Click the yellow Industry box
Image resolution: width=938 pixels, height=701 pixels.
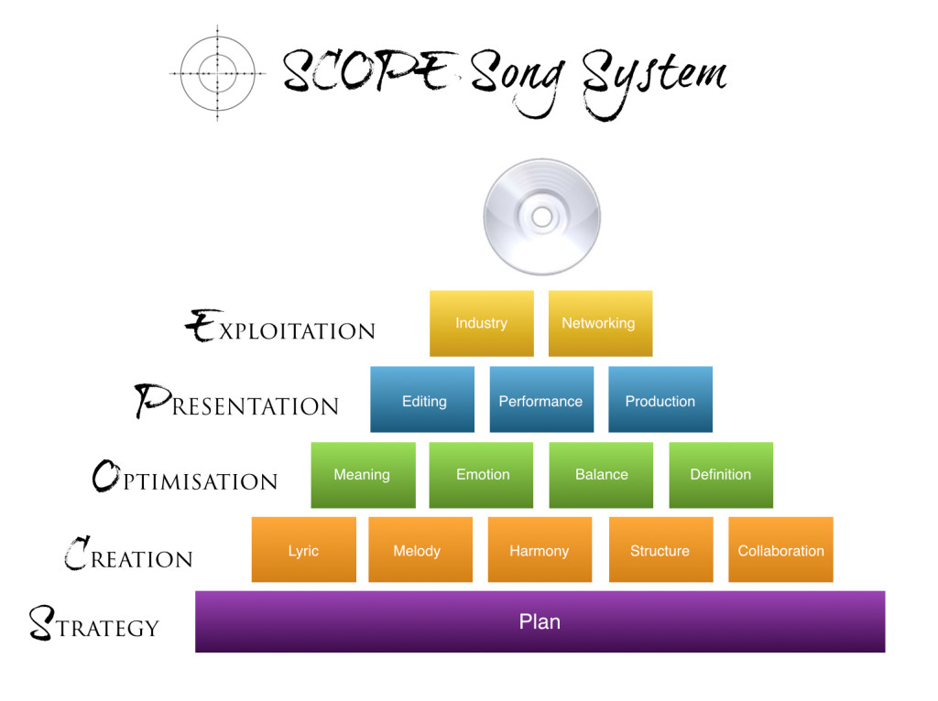point(482,323)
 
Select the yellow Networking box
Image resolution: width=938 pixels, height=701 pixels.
point(600,323)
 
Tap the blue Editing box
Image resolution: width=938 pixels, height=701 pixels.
point(422,399)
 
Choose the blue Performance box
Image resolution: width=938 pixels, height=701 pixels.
point(541,399)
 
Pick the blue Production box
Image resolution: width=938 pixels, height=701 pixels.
point(660,399)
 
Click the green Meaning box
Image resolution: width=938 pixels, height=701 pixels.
point(363,475)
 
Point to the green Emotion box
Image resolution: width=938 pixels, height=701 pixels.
point(481,475)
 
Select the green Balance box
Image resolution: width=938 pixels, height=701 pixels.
point(601,475)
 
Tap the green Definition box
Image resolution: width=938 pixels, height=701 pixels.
point(721,475)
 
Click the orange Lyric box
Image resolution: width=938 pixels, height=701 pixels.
point(304,550)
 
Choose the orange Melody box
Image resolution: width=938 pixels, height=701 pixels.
point(420,550)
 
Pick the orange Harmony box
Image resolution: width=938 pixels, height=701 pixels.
point(540,550)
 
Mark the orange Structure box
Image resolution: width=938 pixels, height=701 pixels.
point(661,550)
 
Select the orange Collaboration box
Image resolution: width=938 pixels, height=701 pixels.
point(780,550)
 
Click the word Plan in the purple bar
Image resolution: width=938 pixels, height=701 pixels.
point(540,621)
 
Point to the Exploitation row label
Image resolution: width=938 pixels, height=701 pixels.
point(280,327)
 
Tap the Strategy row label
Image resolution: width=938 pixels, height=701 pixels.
point(94,622)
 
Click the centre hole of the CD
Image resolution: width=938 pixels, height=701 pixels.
point(542,217)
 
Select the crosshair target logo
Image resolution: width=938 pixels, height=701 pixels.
point(217,73)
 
